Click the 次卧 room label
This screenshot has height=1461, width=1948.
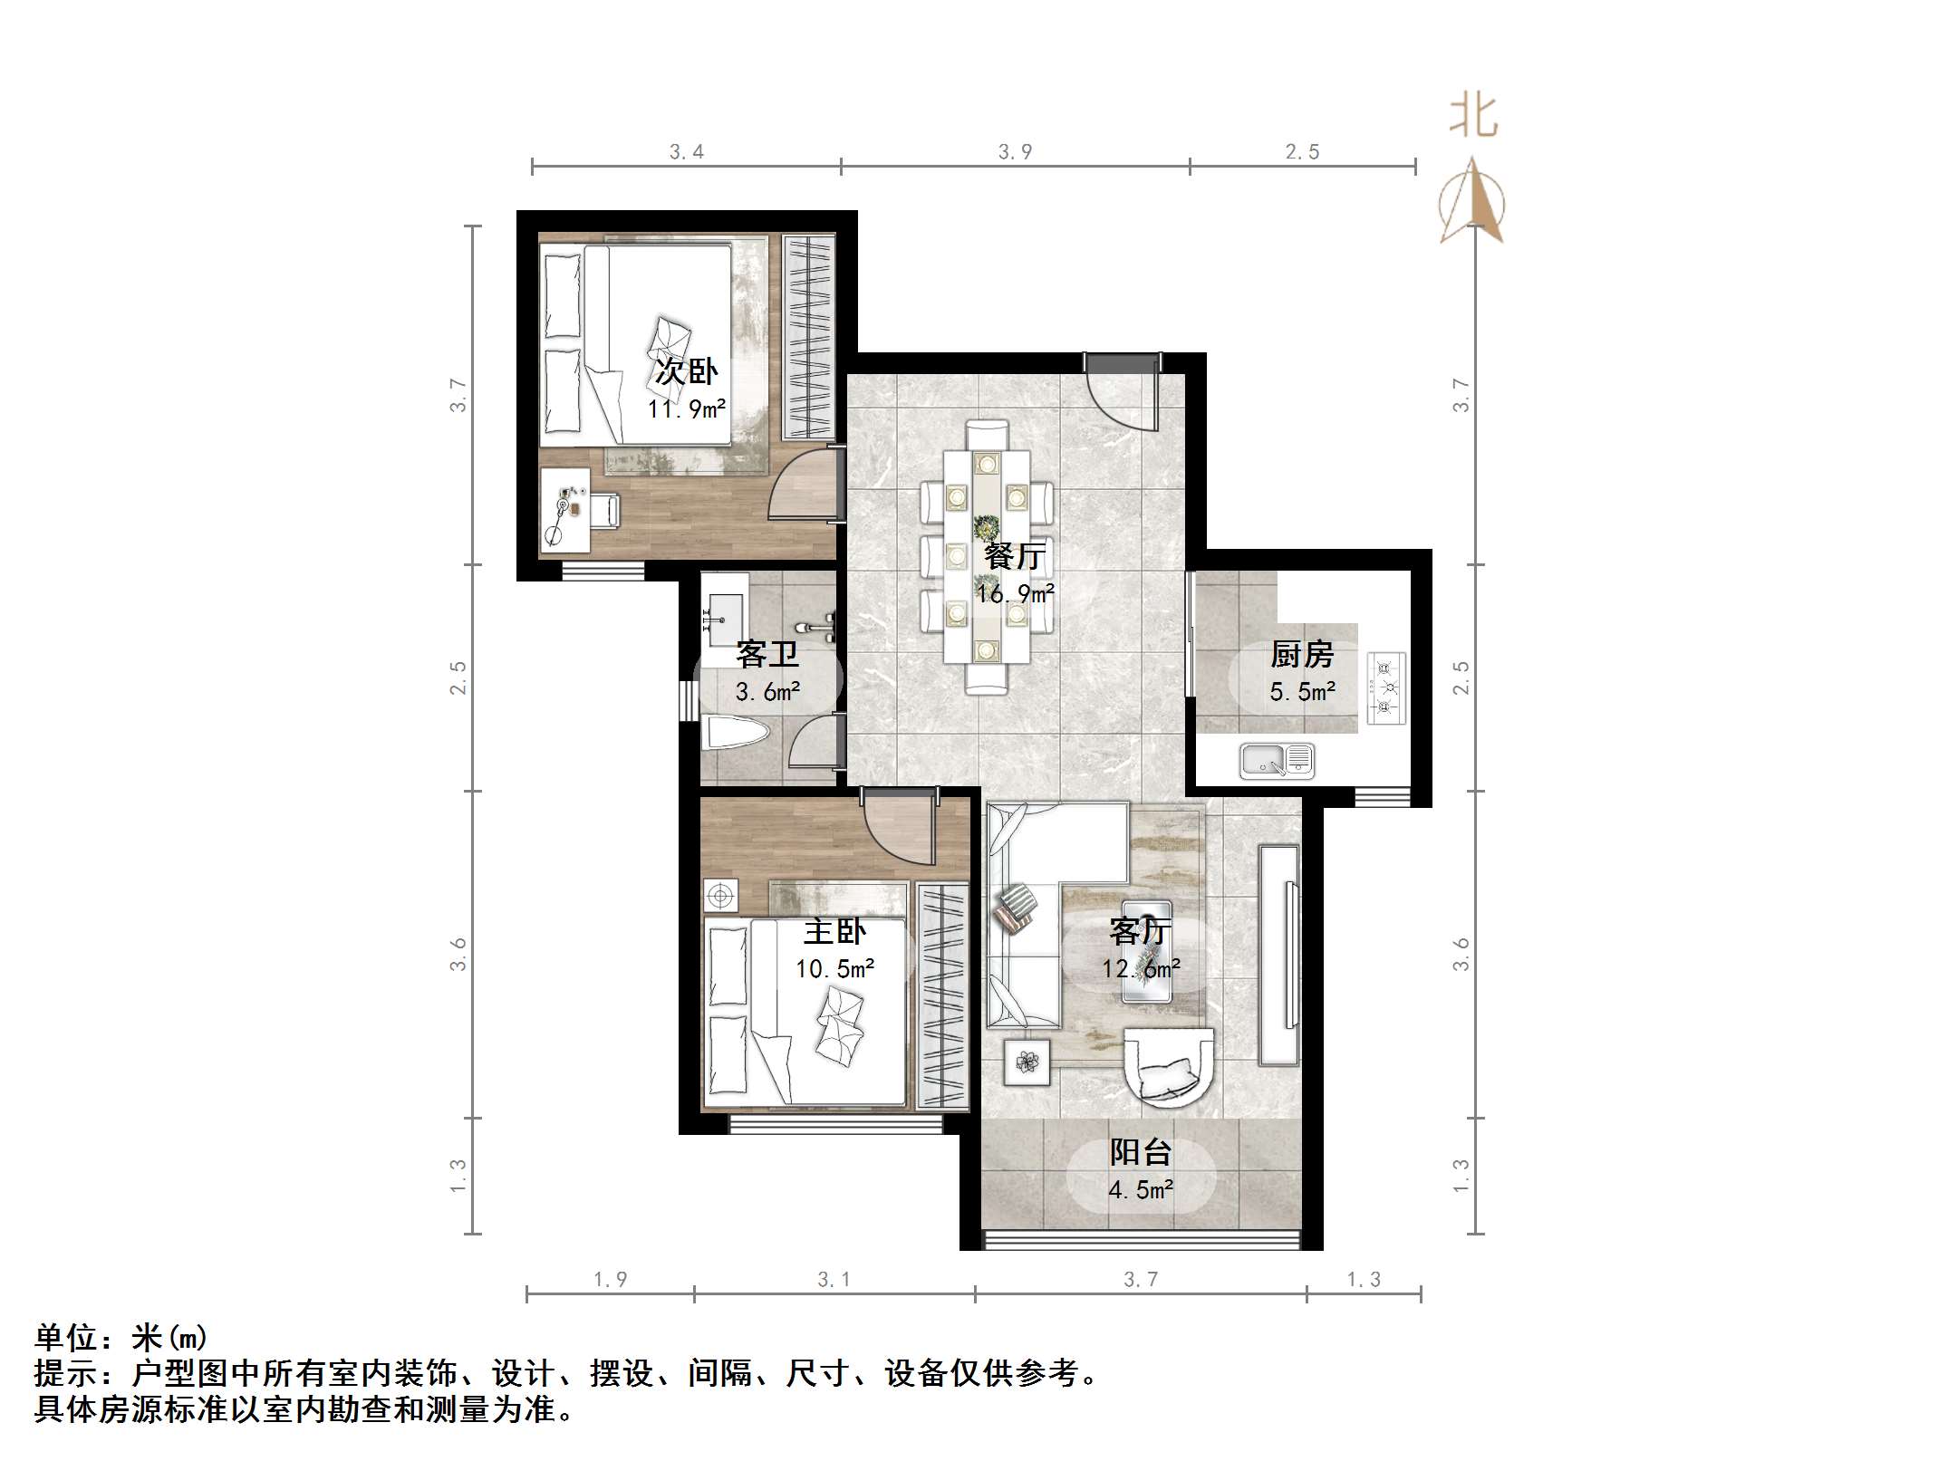[686, 371]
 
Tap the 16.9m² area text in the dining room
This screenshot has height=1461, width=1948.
[1015, 594]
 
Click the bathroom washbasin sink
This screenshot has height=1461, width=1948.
[725, 608]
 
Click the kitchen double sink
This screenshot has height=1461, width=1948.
[1277, 761]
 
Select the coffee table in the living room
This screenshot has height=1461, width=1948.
[1146, 951]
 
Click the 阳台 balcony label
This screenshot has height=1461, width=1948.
[1141, 1152]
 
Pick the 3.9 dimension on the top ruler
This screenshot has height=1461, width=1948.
[1015, 152]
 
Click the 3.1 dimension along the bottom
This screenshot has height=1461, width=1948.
[834, 1279]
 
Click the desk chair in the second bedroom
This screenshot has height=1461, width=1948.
[603, 510]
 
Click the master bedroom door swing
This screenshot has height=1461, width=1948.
[897, 829]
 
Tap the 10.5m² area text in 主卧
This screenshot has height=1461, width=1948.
[834, 969]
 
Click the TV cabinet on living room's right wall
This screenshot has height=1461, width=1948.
[1278, 955]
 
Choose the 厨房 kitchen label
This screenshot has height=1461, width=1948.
[1301, 654]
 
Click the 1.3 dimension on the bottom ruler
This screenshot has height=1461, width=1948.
[1363, 1279]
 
